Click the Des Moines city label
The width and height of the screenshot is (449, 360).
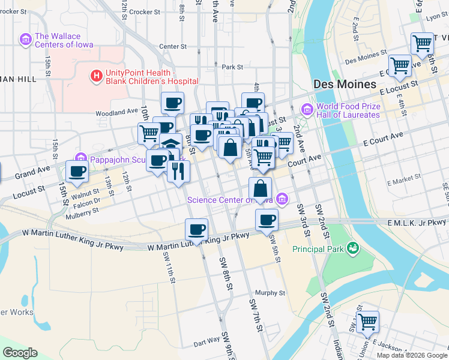click(344, 84)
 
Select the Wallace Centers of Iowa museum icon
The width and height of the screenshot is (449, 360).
click(25, 40)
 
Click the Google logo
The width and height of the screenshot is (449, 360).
click(20, 353)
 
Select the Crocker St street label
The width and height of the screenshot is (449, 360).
click(145, 11)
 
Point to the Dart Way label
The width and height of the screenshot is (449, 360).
click(206, 343)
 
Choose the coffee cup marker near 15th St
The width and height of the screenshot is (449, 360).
click(77, 171)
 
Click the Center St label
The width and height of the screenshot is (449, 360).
click(173, 46)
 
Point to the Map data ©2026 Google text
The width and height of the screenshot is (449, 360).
click(411, 355)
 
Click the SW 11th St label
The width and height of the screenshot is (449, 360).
click(169, 267)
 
